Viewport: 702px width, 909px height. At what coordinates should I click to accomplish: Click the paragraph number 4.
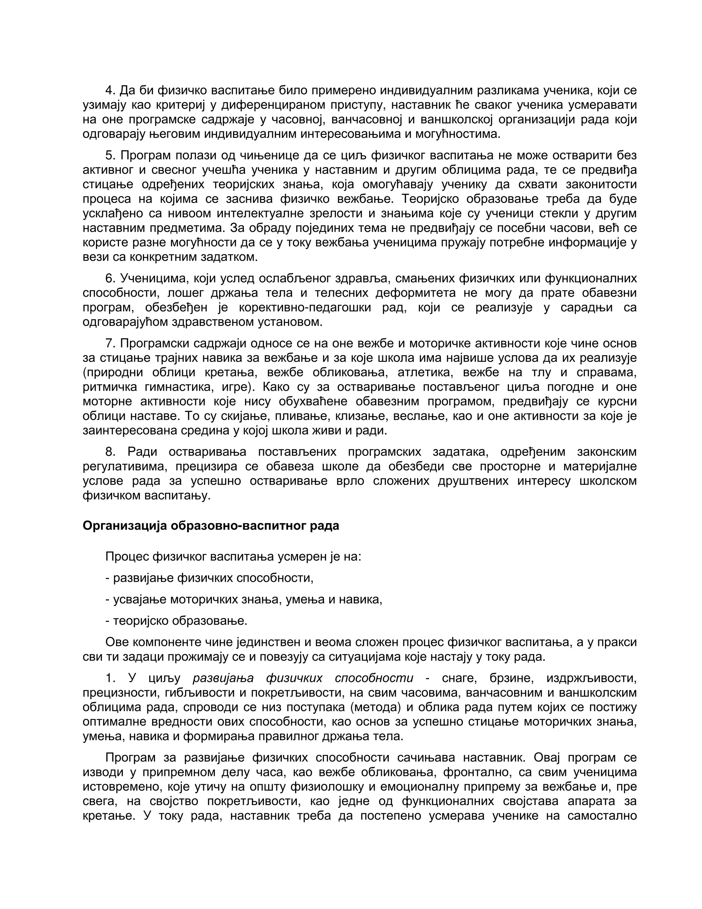tap(109, 90)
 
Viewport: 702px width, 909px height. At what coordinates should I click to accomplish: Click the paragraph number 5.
tap(109, 155)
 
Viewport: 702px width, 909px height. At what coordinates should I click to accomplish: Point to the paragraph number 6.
tap(109, 278)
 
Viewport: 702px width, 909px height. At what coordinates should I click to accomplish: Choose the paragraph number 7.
tap(109, 343)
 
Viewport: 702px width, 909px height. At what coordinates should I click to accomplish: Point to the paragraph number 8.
tap(109, 452)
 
